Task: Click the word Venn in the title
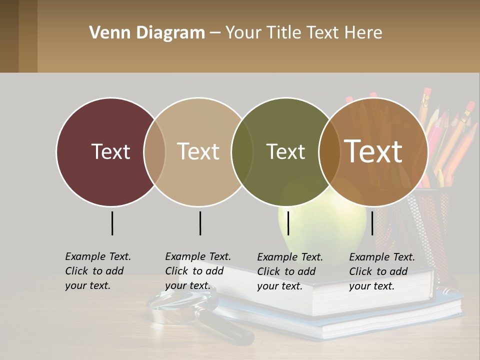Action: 105,33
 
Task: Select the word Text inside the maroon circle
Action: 110,151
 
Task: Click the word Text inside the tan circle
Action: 198,151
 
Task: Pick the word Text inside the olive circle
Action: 285,151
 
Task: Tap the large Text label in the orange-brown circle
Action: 373,151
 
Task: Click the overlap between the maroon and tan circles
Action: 155,151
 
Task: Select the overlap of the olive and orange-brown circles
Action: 329,151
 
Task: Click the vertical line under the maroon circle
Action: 112,223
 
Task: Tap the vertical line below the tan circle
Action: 200,223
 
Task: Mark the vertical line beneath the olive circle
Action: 288,223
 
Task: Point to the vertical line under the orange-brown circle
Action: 372,223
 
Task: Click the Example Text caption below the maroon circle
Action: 97,271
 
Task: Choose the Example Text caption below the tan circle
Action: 197,271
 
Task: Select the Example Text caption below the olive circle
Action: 289,271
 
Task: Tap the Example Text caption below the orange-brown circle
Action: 381,271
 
